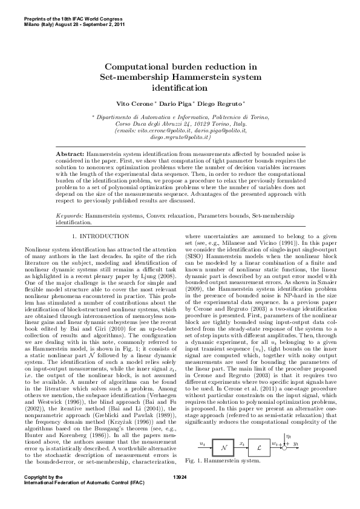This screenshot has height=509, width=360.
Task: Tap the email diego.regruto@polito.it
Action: tap(180, 137)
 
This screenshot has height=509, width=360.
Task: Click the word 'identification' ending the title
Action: tap(180, 88)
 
